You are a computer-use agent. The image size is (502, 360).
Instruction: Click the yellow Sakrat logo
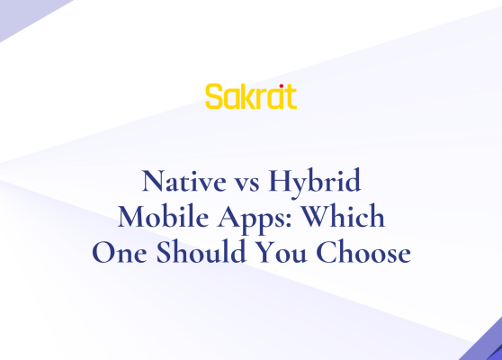pyautogui.click(x=250, y=96)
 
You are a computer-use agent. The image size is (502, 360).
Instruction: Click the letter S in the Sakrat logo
pyautogui.click(x=213, y=96)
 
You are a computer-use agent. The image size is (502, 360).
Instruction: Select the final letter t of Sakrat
pyautogui.click(x=289, y=96)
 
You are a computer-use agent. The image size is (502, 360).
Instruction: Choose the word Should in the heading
pyautogui.click(x=194, y=254)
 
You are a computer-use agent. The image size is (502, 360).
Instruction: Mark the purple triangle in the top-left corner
pyautogui.click(x=22, y=13)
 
